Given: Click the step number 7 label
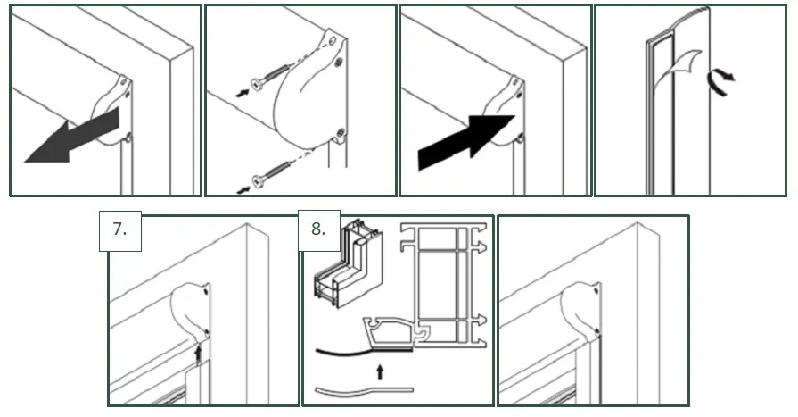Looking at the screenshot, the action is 119,229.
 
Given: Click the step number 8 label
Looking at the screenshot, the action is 318,229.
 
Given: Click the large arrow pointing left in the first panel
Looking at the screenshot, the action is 71,135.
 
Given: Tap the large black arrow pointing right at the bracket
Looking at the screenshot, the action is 465,141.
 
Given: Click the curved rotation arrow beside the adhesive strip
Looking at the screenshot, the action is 720,82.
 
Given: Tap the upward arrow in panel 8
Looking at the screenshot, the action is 380,371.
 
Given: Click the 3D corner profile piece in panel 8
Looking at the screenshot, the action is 349,263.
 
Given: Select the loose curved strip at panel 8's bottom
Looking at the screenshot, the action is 365,391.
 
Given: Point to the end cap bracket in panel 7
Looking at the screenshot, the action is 192,311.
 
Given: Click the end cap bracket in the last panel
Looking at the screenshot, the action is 581,311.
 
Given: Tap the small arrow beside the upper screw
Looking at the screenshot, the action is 243,93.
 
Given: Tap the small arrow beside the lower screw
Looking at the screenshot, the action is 243,190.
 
